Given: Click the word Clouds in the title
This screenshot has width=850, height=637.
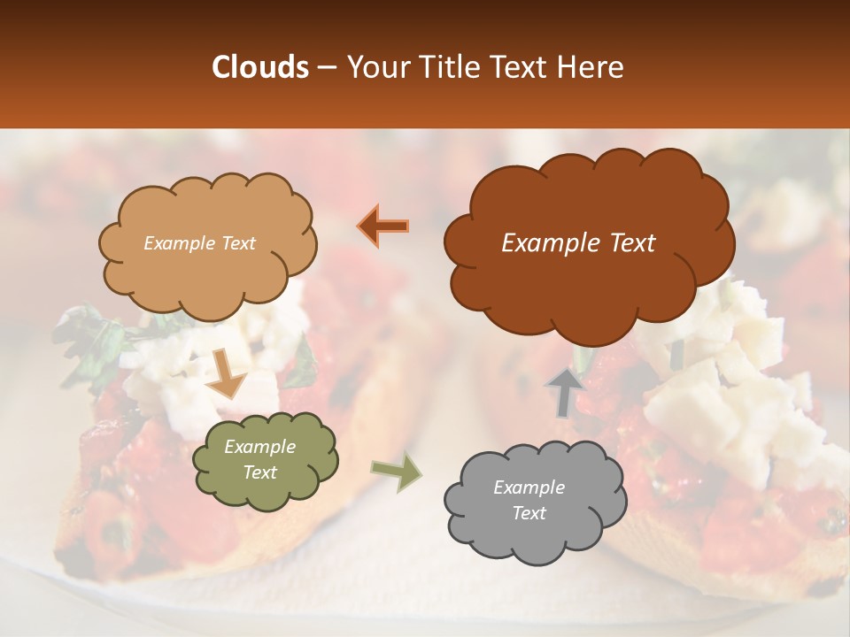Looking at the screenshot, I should [260, 67].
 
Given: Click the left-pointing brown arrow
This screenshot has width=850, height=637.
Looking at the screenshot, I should [384, 226].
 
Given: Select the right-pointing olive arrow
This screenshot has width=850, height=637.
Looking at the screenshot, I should [396, 473].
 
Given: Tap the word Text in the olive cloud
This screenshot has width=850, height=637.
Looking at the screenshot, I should [260, 472].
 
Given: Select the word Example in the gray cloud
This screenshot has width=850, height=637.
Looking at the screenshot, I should [529, 487].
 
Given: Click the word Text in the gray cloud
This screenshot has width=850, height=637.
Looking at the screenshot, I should [529, 513].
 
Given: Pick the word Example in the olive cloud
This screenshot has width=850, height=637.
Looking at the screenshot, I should [260, 447].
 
